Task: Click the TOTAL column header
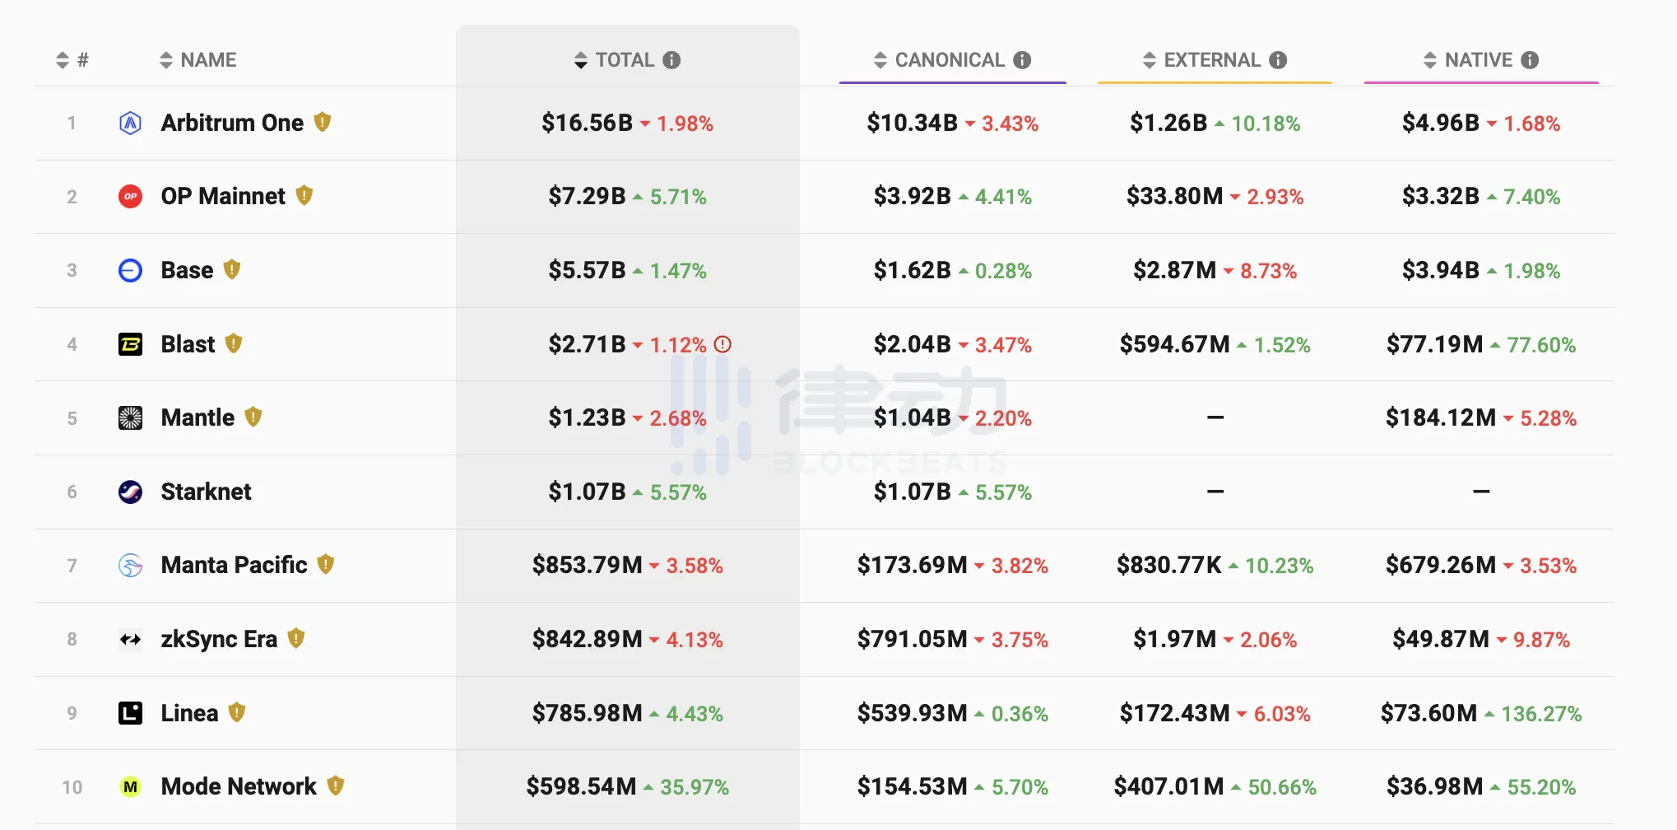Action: tap(625, 60)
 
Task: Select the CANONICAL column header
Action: tap(950, 60)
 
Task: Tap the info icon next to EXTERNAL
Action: tap(1278, 60)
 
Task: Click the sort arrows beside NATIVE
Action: tap(1430, 60)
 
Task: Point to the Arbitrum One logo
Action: tap(130, 124)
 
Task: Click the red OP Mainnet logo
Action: tap(130, 197)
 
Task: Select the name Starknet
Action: tap(207, 492)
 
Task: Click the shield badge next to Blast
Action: tap(234, 343)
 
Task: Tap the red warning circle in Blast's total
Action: tap(722, 344)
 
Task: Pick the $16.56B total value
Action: tap(587, 124)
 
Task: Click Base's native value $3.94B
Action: tap(1441, 271)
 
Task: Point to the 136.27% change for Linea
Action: tap(1541, 714)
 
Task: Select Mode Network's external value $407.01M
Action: tap(1168, 787)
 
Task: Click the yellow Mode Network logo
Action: tap(130, 787)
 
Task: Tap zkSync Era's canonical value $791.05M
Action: tap(912, 640)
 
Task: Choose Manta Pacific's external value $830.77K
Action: tap(1168, 566)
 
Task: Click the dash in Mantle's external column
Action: tap(1215, 418)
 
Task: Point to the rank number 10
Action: tap(72, 787)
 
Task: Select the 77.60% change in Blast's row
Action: tap(1541, 345)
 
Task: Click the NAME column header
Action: tap(208, 60)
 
